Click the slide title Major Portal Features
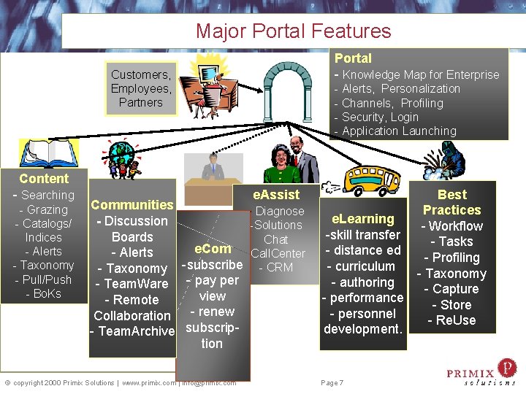point(293,31)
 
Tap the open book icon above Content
point(48,154)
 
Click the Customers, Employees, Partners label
point(141,88)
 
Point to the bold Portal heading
point(353,58)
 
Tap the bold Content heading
point(44,179)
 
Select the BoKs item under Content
point(47,293)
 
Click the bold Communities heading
point(131,205)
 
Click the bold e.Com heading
point(213,249)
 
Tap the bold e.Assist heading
point(276,195)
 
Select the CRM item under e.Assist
point(278,267)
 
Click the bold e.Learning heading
point(363,219)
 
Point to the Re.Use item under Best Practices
point(451,320)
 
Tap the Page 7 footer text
point(332,382)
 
